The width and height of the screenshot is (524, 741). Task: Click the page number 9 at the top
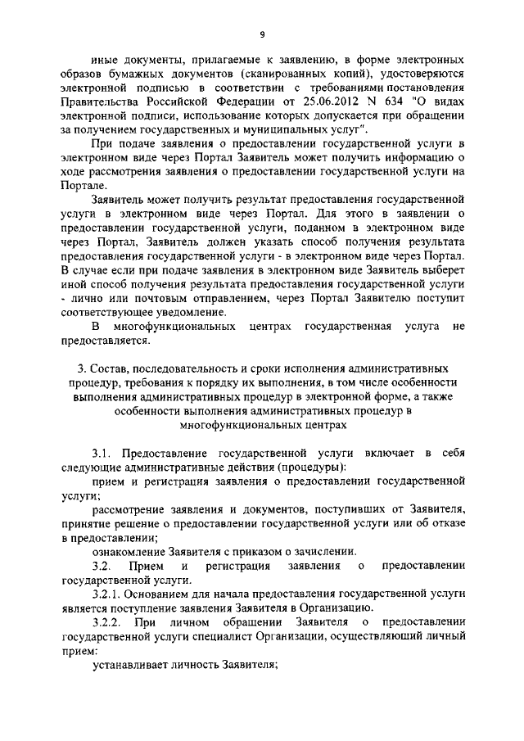tap(261, 34)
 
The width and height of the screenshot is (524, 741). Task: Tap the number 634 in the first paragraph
tap(377, 100)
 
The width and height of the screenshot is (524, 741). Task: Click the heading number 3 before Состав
tap(70, 373)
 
